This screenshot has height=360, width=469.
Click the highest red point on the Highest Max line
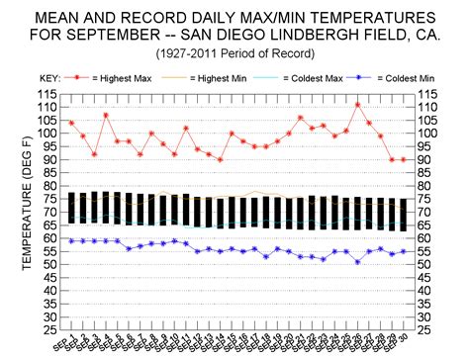point(357,104)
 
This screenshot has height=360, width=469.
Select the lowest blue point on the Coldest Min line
point(357,262)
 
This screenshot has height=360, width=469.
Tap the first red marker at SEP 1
point(71,123)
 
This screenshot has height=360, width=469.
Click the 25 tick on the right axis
point(423,330)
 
